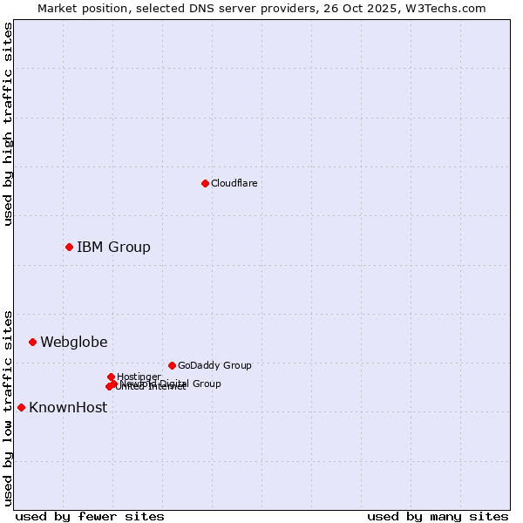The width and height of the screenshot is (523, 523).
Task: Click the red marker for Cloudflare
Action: click(205, 183)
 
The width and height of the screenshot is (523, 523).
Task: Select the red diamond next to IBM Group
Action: click(69, 247)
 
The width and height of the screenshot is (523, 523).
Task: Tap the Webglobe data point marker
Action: click(32, 342)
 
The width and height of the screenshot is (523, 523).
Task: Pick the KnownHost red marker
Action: click(21, 407)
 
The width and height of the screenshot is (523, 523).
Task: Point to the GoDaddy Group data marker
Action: click(172, 365)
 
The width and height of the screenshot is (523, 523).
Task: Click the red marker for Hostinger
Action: click(111, 377)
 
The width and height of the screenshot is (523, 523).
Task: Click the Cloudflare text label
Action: click(234, 183)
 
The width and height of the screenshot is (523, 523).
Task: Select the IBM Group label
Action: click(113, 247)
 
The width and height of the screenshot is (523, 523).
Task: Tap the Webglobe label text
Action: click(74, 342)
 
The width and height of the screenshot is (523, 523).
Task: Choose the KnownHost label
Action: click(68, 407)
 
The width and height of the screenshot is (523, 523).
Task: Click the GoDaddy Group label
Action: click(214, 365)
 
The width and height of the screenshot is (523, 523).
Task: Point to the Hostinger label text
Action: click(139, 377)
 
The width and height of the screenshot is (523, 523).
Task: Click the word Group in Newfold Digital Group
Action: click(207, 384)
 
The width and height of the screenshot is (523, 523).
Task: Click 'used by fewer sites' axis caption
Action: click(90, 516)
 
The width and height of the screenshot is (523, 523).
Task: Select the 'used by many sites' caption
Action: click(438, 516)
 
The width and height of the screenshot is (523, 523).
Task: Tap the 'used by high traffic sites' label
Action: click(8, 124)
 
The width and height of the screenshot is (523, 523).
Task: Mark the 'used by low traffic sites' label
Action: click(8, 407)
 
